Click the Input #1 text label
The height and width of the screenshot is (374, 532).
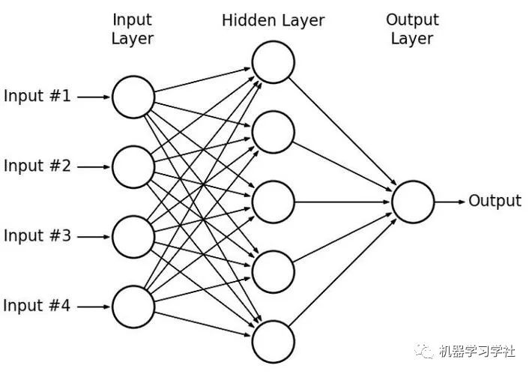[x=37, y=96]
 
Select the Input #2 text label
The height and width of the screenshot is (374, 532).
[x=37, y=166]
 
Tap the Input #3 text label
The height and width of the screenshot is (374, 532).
[x=37, y=236]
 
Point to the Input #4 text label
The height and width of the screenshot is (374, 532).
[x=37, y=306]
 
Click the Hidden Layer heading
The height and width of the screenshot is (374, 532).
[x=273, y=20]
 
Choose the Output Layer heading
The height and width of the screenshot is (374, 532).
[x=412, y=29]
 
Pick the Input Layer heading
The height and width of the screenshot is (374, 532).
[x=133, y=29]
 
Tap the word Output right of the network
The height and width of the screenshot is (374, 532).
[x=495, y=202]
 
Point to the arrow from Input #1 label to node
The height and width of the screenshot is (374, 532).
[x=94, y=97]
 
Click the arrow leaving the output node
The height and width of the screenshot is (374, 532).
[x=450, y=202]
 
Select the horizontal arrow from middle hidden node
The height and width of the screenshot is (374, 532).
[x=342, y=202]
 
